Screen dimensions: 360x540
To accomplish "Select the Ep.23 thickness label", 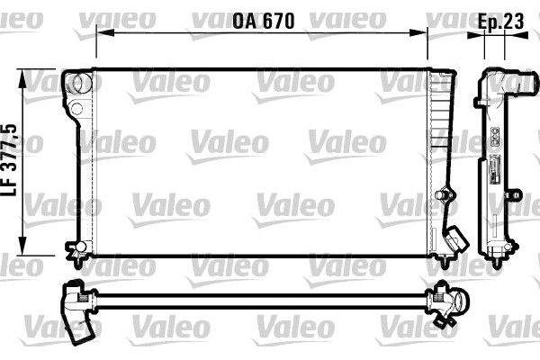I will pos(500,19).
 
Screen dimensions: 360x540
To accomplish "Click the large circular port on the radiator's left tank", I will pos(81,84).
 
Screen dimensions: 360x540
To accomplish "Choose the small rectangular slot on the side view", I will pos(494,170).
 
